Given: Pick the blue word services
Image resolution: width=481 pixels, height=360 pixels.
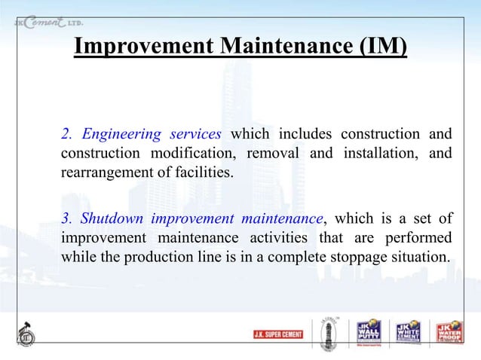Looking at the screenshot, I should tap(196, 135).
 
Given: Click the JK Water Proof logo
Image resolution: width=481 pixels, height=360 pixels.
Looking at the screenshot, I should tap(446, 332).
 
